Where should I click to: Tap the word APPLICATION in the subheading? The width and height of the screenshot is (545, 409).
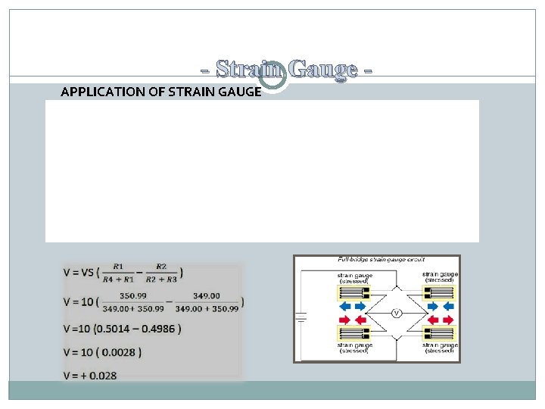tap(98, 92)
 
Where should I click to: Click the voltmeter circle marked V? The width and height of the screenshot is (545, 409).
tap(394, 313)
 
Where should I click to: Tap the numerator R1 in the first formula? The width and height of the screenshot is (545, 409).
tap(119, 267)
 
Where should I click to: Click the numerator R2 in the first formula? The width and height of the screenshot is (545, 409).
tap(160, 267)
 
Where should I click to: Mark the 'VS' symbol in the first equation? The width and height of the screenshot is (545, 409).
tap(89, 272)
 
